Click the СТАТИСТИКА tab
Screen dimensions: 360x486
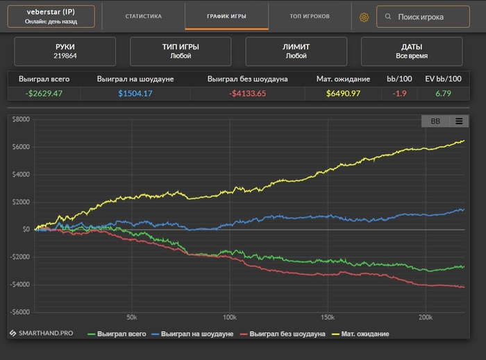[144, 16]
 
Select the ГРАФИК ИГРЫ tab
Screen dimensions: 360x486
[227, 16]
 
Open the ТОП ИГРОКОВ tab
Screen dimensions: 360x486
[310, 16]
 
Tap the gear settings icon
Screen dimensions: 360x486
[364, 17]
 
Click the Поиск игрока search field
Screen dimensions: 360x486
[423, 17]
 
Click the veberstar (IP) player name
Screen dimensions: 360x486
[50, 12]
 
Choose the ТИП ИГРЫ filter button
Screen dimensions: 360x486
[181, 51]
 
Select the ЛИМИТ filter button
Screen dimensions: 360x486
[296, 51]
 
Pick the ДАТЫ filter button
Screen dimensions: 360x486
[412, 51]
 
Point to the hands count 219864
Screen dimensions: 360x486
[65, 56]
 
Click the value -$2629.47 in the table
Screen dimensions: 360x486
[44, 94]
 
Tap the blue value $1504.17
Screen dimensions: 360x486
[135, 94]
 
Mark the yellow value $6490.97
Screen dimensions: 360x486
[343, 94]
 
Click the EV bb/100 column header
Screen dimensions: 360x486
[443, 79]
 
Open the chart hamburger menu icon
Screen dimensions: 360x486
[459, 121]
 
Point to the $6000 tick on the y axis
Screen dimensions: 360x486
[21, 146]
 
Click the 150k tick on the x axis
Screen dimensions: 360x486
[328, 318]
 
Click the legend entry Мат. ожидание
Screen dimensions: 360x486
[364, 334]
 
